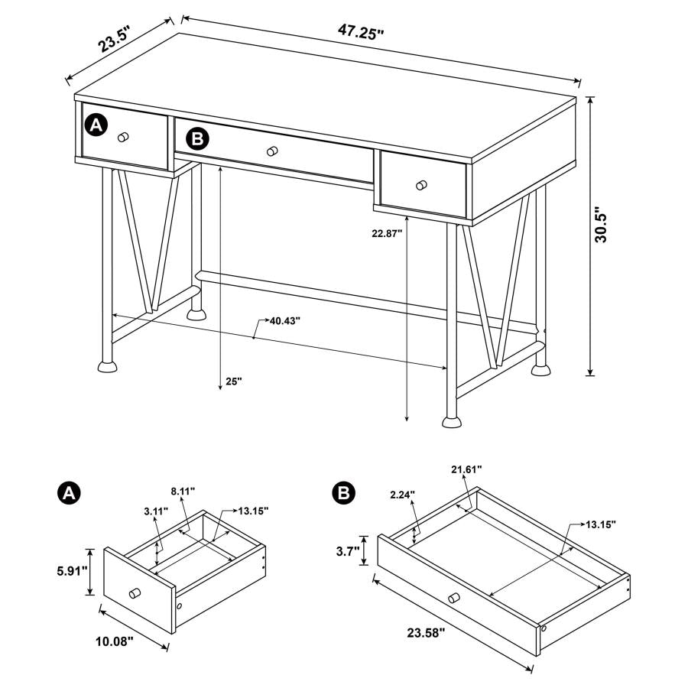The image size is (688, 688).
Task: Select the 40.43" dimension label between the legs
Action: pyautogui.click(x=284, y=321)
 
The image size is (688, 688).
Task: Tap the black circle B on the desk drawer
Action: pyautogui.click(x=197, y=138)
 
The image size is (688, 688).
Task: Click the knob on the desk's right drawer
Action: pyautogui.click(x=421, y=184)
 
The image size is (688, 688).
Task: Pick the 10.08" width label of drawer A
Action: pyautogui.click(x=115, y=642)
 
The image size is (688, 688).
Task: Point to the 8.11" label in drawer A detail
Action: pyautogui.click(x=183, y=490)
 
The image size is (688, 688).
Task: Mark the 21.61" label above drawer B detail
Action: pyautogui.click(x=466, y=469)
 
